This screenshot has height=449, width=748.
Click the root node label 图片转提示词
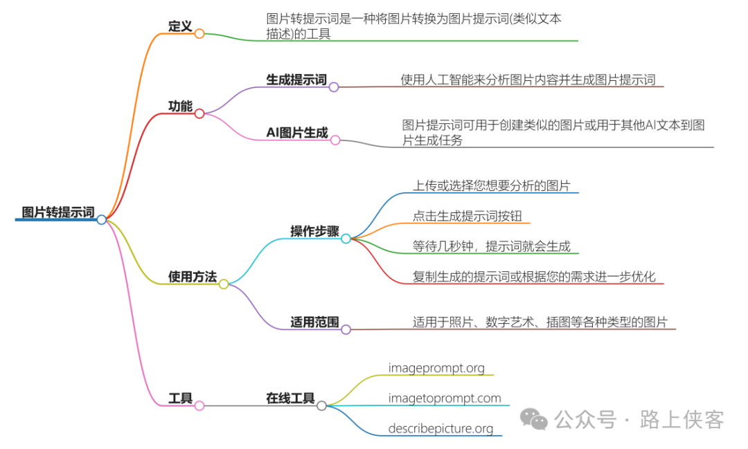tap(58, 212)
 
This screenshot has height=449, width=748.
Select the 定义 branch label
tap(180, 26)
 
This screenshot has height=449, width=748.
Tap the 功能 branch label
tap(180, 106)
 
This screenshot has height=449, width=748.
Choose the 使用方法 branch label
tap(192, 277)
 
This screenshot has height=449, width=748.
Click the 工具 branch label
tap(180, 398)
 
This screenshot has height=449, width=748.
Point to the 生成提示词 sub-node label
tap(296, 80)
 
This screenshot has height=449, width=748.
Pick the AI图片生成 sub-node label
tap(297, 133)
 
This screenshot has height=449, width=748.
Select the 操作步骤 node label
tap(314, 231)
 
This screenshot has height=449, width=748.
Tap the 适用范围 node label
tap(314, 322)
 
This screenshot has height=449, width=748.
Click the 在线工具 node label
tap(291, 398)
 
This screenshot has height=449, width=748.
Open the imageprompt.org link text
tap(436, 367)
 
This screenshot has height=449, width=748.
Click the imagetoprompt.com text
tap(444, 398)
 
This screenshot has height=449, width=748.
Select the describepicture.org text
tap(440, 429)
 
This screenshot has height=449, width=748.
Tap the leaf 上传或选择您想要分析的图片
tap(491, 185)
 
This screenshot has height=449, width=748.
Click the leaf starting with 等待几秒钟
tap(491, 246)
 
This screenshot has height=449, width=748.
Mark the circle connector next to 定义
tap(199, 33)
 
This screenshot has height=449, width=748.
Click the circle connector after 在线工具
tap(321, 406)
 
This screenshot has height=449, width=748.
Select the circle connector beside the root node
tap(102, 219)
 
